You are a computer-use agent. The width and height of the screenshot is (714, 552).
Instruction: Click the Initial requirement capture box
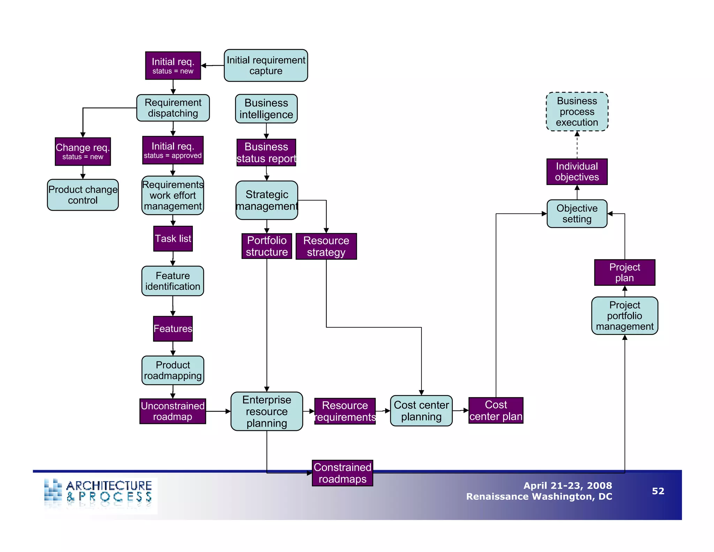[x=266, y=66]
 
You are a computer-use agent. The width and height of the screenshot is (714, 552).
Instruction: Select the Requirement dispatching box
[x=173, y=108]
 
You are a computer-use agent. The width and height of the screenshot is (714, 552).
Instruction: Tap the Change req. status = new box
[x=83, y=151]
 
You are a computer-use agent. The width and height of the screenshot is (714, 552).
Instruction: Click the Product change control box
[x=83, y=195]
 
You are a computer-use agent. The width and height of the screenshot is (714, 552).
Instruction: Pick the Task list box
[x=173, y=239]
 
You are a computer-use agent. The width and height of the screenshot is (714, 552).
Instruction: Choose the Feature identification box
[x=173, y=281]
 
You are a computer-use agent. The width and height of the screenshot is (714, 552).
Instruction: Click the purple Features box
[x=173, y=329]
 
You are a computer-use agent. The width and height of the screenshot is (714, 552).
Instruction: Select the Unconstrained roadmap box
[x=173, y=411]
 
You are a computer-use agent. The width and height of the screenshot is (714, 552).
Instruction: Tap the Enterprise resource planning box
[x=267, y=411]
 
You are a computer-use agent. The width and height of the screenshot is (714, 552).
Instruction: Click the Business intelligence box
[x=266, y=109]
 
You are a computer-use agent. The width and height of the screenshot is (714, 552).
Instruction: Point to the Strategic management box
[x=267, y=200]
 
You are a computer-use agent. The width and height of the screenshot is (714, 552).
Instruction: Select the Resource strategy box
[x=326, y=246]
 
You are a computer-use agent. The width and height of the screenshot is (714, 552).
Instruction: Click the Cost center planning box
[x=421, y=411]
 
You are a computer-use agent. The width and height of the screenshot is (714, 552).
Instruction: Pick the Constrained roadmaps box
[x=342, y=473]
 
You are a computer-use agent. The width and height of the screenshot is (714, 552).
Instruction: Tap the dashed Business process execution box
[x=577, y=112]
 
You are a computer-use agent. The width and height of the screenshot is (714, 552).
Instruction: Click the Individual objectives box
[x=577, y=172]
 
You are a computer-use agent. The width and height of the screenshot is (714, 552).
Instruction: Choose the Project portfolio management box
[x=624, y=315]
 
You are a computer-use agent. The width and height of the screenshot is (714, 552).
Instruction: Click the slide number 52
[x=658, y=491]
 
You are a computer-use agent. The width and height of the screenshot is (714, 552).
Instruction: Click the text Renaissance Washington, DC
[x=539, y=497]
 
